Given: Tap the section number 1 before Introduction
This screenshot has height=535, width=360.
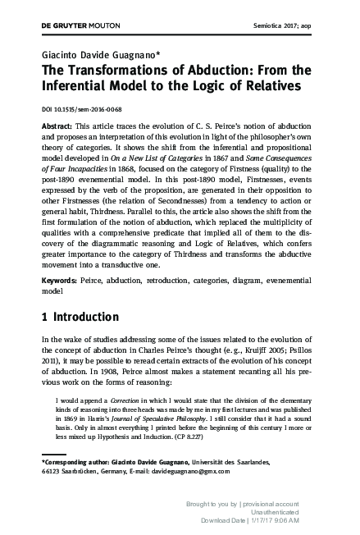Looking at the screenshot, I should [x=44, y=316].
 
